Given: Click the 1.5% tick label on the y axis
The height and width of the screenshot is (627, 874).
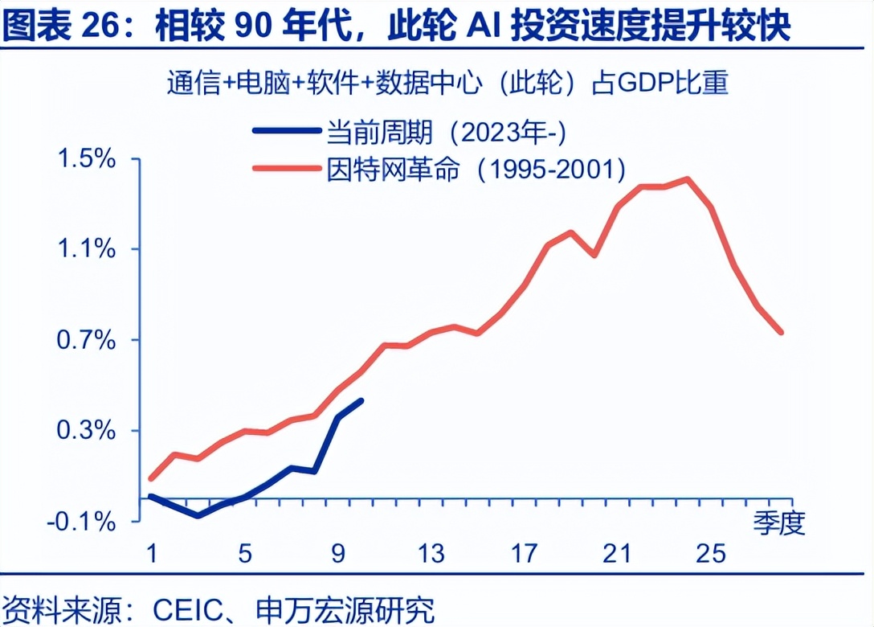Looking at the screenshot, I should click(88, 158).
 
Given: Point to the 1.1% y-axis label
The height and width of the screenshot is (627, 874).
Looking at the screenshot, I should click(88, 249).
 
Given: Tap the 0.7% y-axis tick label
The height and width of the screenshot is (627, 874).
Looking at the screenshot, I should click(88, 340).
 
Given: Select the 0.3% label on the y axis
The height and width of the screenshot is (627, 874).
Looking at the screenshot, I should click(88, 431).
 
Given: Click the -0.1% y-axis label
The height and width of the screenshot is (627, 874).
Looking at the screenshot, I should click(82, 522).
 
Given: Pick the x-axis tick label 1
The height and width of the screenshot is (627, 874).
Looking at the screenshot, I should click(150, 554).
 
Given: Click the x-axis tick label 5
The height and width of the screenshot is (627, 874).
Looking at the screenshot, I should click(245, 554).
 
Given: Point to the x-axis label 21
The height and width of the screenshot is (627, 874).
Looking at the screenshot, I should click(617, 554).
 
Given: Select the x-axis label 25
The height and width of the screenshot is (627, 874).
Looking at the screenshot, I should click(711, 554).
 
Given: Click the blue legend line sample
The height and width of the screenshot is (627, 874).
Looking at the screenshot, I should click(285, 129).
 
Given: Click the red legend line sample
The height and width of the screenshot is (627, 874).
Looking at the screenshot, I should click(285, 168).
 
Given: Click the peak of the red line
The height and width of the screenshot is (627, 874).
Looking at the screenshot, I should click(688, 179).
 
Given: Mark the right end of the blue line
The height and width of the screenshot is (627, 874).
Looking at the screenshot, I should click(361, 400).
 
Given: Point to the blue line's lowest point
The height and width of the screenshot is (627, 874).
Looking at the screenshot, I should click(198, 514).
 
